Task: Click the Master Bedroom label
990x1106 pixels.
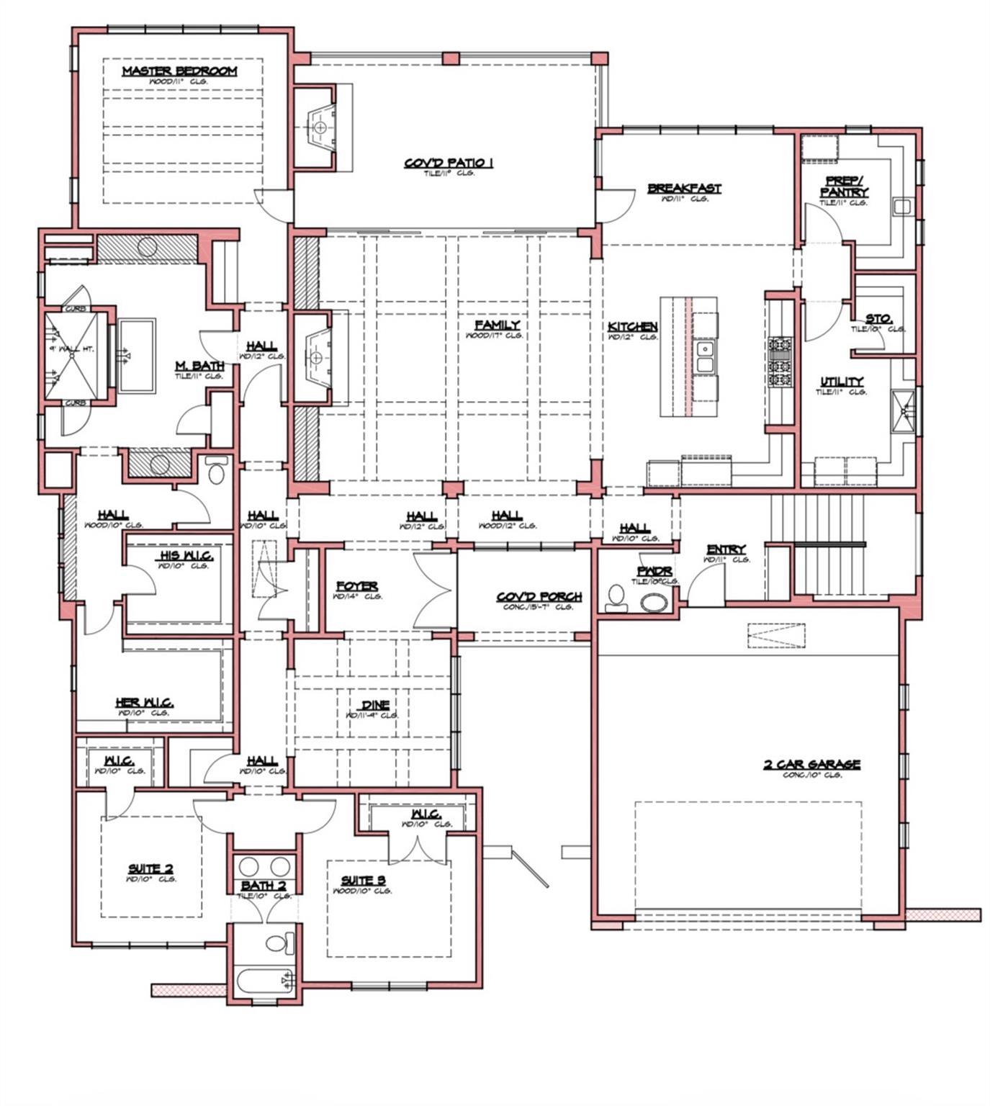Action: [179, 71]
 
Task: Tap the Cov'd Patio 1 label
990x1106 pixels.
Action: [449, 163]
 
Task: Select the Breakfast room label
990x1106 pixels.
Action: [684, 189]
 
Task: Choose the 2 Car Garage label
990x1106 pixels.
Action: [812, 765]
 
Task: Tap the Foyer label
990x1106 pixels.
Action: [357, 587]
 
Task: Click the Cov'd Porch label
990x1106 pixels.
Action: [539, 598]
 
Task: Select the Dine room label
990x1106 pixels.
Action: [374, 706]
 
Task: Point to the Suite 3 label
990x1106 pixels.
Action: [363, 881]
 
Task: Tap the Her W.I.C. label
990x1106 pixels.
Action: [145, 703]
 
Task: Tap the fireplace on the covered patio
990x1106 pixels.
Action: [318, 127]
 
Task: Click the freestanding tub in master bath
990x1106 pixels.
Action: [136, 356]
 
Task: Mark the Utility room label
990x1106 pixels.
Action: [842, 382]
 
